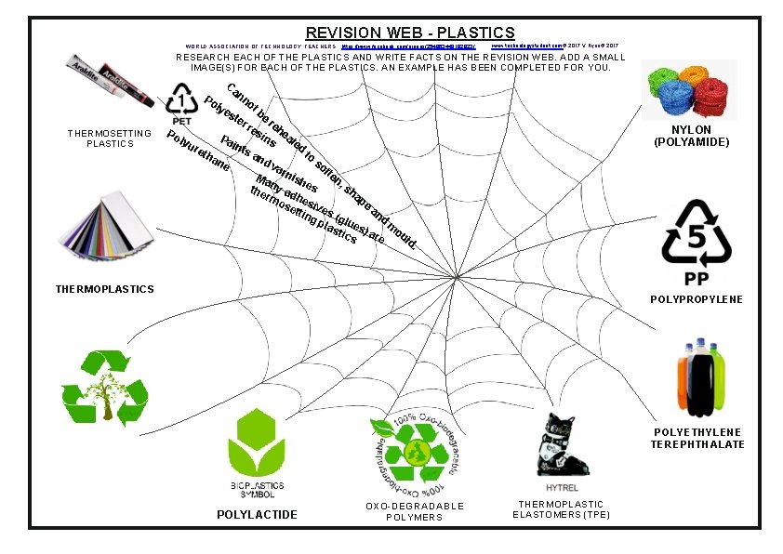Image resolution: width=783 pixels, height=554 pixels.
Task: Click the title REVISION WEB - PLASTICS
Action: pos(410,33)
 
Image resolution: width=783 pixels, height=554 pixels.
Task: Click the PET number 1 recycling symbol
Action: pos(182,102)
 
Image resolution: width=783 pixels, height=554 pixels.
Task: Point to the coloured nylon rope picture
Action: pos(690,89)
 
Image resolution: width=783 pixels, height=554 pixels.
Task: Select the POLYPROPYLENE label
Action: pos(696,299)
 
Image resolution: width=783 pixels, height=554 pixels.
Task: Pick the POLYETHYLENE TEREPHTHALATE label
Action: pos(698,439)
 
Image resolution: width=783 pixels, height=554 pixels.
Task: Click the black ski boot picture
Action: pos(558,443)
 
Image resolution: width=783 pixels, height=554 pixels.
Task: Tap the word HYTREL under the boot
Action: pos(558,487)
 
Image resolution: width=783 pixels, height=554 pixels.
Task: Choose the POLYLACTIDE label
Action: pos(257,514)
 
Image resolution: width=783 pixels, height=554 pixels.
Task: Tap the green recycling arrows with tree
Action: pos(104,389)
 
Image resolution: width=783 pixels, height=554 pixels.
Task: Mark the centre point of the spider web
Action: pos(458,276)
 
